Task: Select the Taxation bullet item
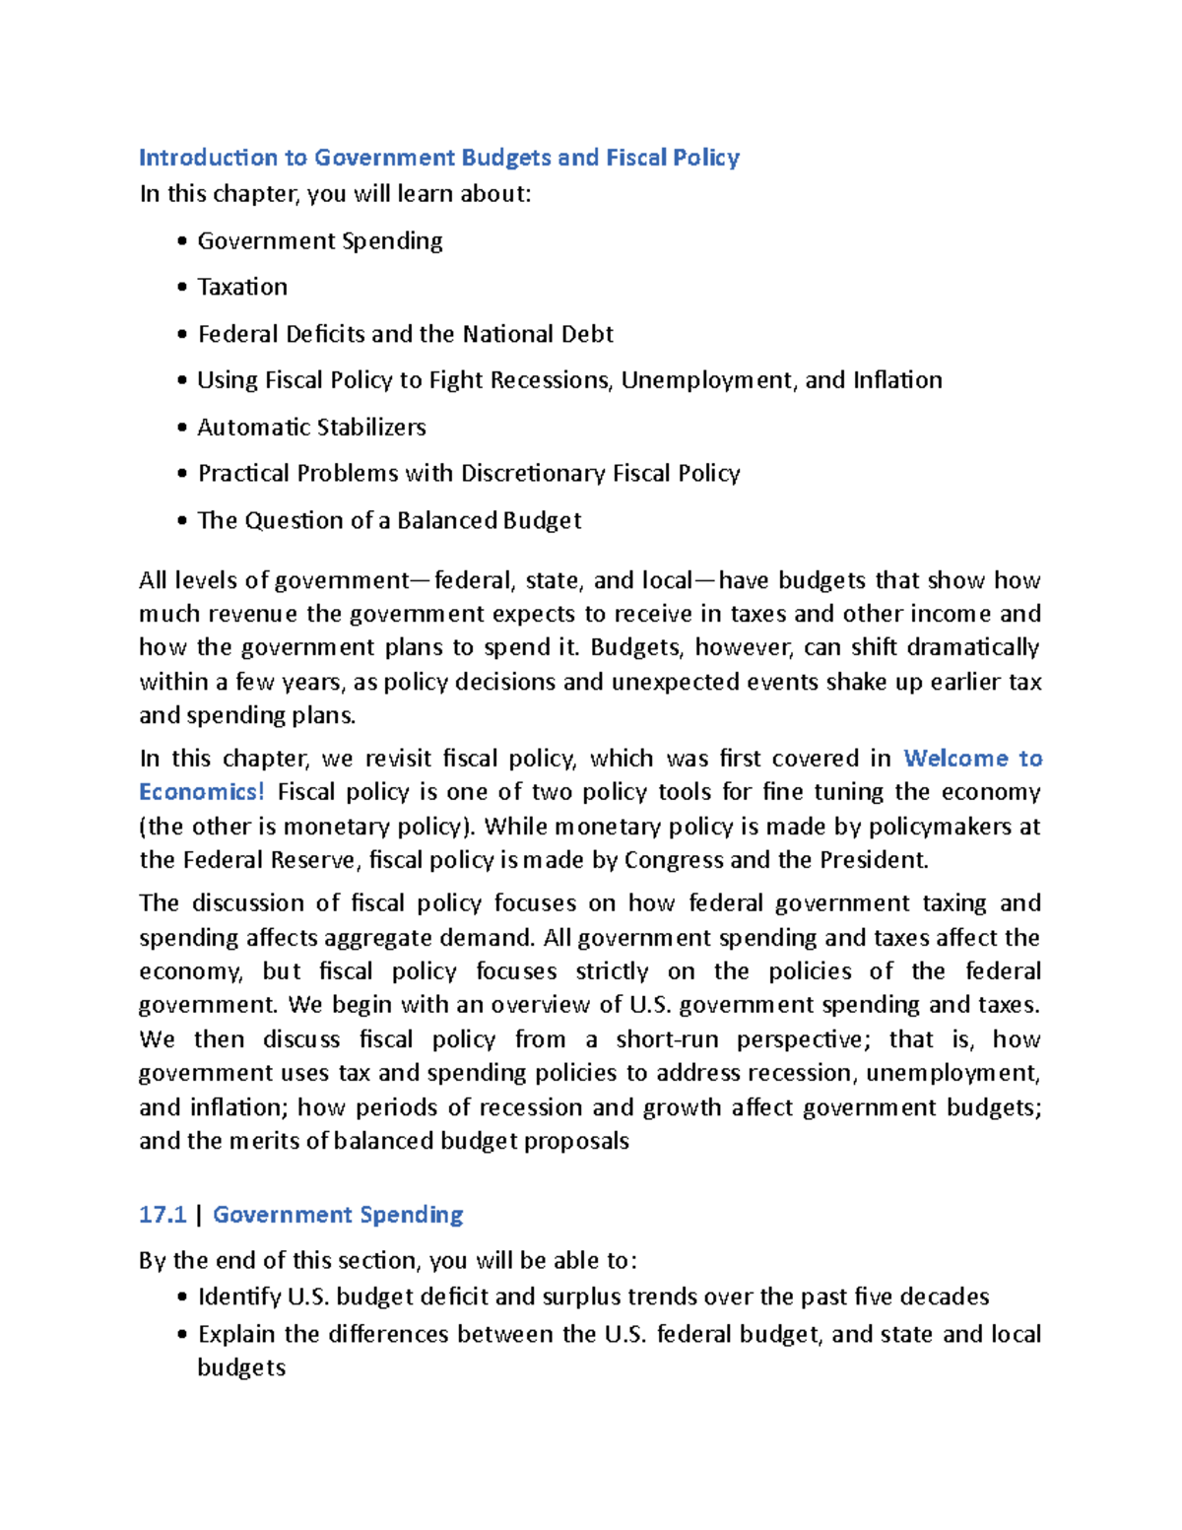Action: pos(242,287)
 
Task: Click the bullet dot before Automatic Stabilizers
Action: pos(182,428)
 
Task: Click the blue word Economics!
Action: pos(202,792)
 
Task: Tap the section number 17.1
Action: pos(163,1215)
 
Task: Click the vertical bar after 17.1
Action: pos(200,1215)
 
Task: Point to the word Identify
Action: pos(238,1297)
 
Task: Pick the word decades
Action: pos(945,1297)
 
